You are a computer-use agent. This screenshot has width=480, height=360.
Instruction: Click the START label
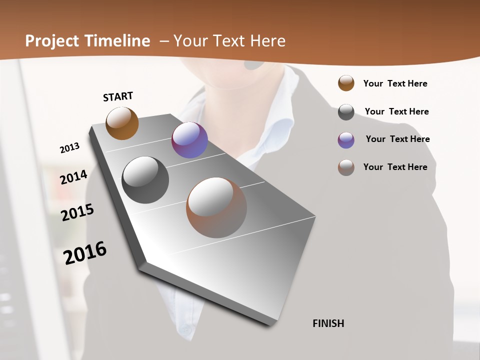tap(118, 96)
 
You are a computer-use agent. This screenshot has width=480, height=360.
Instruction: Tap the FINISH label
tap(328, 323)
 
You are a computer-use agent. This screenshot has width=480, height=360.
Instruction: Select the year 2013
tap(69, 148)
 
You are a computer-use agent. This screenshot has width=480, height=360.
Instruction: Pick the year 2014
tap(73, 177)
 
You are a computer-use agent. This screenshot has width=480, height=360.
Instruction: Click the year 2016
tap(85, 253)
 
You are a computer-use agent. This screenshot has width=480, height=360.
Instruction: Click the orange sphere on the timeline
tap(122, 123)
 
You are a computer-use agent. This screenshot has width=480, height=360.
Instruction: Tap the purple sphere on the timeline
tap(189, 140)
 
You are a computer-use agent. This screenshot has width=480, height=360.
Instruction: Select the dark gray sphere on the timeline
tap(145, 180)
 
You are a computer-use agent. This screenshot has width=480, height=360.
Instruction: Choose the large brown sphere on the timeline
tap(216, 207)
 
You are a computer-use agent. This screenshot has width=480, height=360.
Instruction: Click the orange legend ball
tap(346, 83)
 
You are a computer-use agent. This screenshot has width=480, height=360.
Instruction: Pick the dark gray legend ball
tap(346, 112)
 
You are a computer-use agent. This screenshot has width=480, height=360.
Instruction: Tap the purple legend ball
tap(346, 140)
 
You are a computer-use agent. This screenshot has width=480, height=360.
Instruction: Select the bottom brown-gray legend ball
tap(346, 167)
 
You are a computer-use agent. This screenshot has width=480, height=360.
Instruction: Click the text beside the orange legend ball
tap(395, 83)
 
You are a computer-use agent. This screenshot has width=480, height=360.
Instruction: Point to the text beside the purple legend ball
tap(397, 139)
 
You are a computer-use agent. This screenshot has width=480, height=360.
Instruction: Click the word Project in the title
tap(51, 41)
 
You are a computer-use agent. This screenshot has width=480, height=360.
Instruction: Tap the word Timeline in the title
tap(117, 41)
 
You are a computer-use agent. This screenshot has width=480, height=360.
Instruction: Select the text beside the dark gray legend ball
tap(396, 111)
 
